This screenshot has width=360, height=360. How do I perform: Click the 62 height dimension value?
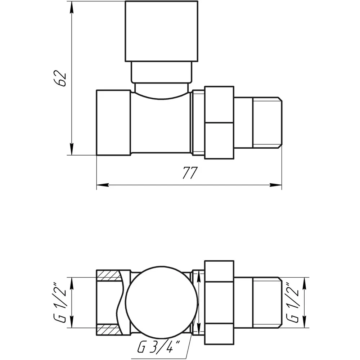click(x=62, y=78)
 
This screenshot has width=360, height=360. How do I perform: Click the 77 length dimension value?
click(x=190, y=173)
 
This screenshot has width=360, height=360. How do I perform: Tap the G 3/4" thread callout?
click(x=158, y=348)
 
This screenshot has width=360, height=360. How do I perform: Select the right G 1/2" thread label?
click(x=292, y=302)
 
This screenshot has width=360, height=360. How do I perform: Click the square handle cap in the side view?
click(x=161, y=31)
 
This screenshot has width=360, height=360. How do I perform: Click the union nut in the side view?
click(x=219, y=123)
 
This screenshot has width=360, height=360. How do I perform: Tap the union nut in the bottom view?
click(x=219, y=302)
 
